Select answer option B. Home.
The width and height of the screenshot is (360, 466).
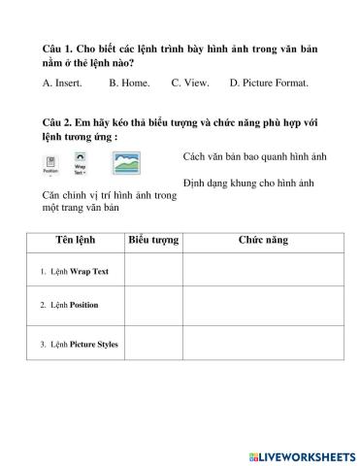click(x=129, y=83)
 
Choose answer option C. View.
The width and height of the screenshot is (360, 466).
click(x=190, y=83)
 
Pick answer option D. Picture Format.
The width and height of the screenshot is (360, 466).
click(x=269, y=83)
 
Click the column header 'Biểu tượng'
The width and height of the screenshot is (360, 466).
click(x=153, y=240)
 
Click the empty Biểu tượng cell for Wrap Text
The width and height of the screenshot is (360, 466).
click(x=153, y=271)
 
